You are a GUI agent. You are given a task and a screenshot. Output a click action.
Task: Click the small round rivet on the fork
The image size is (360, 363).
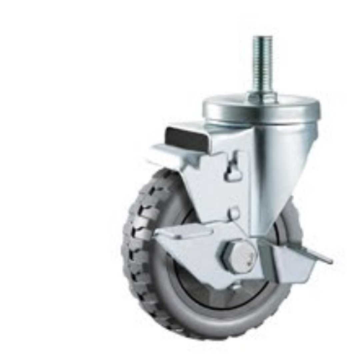click(x=234, y=211)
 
